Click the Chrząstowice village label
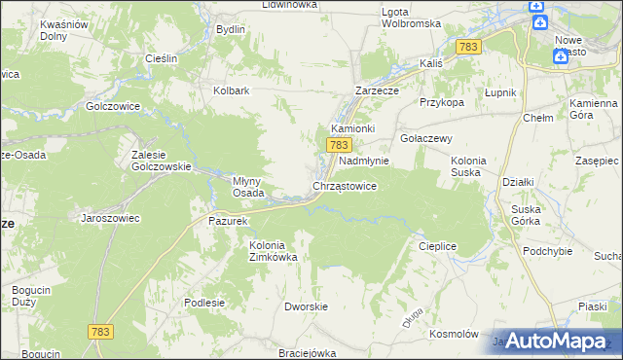(x=344, y=185)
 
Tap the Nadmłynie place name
(x=364, y=161)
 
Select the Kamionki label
(x=353, y=128)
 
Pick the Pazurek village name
(x=229, y=221)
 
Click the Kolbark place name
(x=233, y=91)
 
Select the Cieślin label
(x=161, y=58)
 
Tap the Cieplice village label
(x=438, y=246)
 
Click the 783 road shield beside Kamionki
(x=338, y=145)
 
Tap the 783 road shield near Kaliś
(x=468, y=47)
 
